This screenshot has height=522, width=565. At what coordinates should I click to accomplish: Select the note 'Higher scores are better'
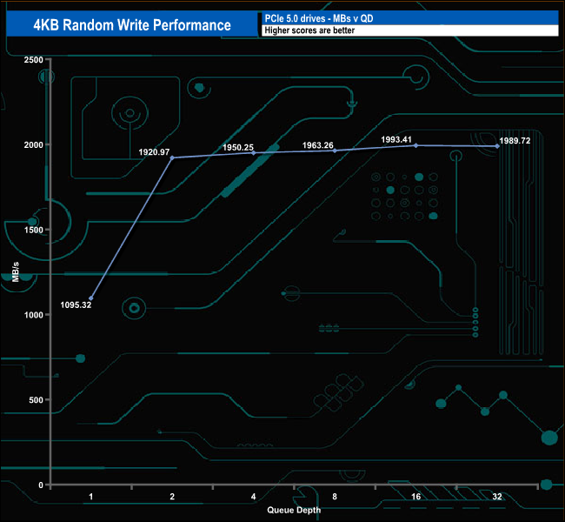click(x=309, y=30)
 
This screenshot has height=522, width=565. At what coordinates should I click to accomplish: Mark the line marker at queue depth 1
click(x=90, y=298)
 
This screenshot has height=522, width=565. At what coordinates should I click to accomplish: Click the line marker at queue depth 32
click(x=497, y=146)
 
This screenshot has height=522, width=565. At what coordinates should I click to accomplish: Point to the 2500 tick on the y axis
click(x=34, y=60)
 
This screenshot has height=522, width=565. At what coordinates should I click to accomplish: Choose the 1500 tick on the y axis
click(x=34, y=230)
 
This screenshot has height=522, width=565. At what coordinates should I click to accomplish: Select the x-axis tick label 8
click(x=335, y=497)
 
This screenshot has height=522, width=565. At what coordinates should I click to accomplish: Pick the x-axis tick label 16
click(x=415, y=497)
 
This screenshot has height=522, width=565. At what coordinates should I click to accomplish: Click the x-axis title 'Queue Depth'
click(x=294, y=510)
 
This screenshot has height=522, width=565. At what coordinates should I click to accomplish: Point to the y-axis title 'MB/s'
click(x=17, y=271)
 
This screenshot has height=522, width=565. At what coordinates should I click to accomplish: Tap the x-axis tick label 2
click(x=172, y=497)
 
